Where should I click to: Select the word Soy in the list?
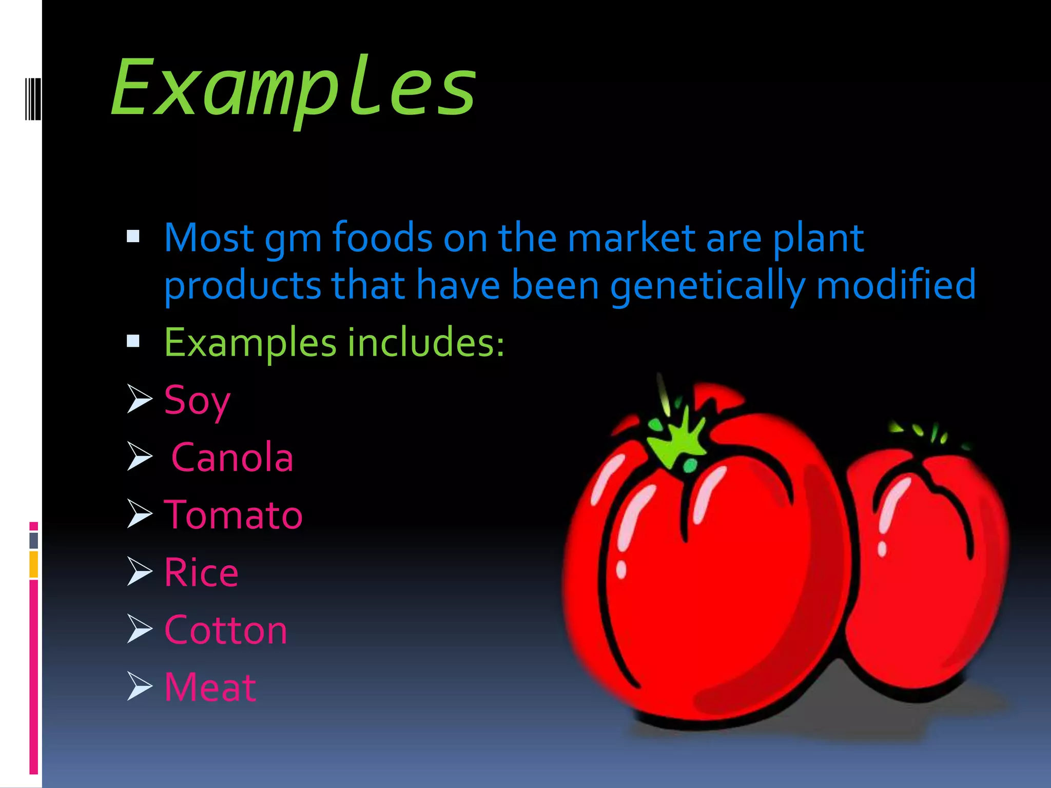(x=197, y=401)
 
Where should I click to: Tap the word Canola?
(x=232, y=458)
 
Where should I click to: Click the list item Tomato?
(x=233, y=515)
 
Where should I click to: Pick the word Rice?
(x=201, y=573)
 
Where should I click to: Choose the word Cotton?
(x=225, y=630)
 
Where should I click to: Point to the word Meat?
(x=210, y=687)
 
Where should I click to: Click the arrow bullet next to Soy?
(x=139, y=399)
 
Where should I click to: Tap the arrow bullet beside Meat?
(x=139, y=686)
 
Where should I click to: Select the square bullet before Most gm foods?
(x=133, y=237)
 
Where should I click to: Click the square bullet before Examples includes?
(x=133, y=341)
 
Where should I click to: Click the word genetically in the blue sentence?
(x=707, y=285)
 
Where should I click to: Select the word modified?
(x=896, y=285)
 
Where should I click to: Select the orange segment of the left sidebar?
(x=34, y=564)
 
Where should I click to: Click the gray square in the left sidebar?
(x=34, y=541)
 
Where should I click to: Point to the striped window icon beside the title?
(x=33, y=98)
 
